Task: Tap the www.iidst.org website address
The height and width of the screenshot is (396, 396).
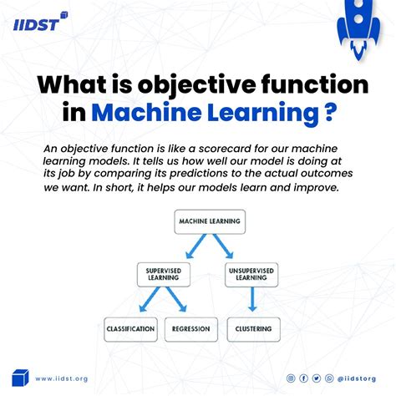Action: pyautogui.click(x=63, y=378)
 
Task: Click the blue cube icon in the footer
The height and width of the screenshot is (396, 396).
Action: pyautogui.click(x=20, y=378)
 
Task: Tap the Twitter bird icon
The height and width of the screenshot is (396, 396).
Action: pyautogui.click(x=316, y=378)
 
